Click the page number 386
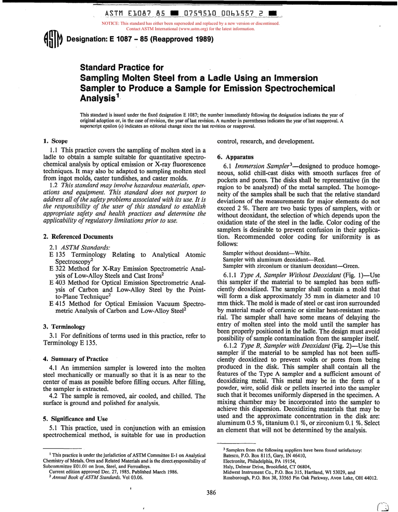click(212, 493)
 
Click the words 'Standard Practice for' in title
click(121, 67)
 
